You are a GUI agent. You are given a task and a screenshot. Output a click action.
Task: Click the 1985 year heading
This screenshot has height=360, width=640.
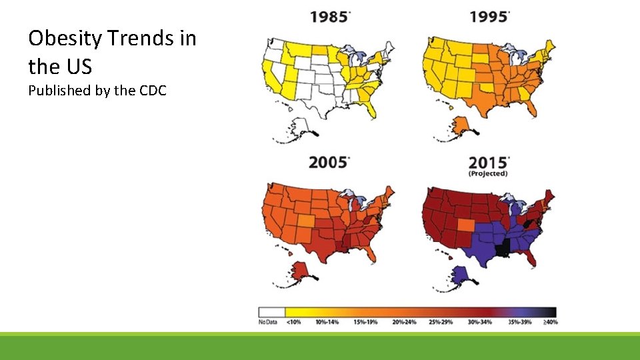tap(328, 17)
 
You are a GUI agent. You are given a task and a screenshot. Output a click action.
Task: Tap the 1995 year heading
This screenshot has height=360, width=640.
tap(489, 17)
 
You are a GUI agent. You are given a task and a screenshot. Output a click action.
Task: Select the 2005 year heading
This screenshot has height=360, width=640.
tap(328, 162)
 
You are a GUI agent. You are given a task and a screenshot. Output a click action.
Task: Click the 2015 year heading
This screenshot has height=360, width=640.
tap(489, 162)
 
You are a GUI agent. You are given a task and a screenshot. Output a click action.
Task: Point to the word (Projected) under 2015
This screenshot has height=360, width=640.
tap(488, 174)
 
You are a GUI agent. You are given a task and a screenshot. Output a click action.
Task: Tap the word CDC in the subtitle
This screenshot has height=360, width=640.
tap(153, 90)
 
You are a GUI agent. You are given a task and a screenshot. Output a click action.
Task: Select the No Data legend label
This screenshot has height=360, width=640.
tap(267, 323)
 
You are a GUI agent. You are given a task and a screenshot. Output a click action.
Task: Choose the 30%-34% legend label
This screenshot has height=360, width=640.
tap(479, 323)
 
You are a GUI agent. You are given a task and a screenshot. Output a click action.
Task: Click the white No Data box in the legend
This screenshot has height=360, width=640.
tap(271, 312)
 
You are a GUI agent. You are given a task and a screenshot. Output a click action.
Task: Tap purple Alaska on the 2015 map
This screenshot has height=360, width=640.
tap(460, 274)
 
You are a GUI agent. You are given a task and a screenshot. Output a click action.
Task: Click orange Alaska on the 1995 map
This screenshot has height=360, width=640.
tap(460, 126)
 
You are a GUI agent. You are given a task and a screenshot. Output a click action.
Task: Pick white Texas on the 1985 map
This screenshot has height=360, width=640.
tap(320, 100)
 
